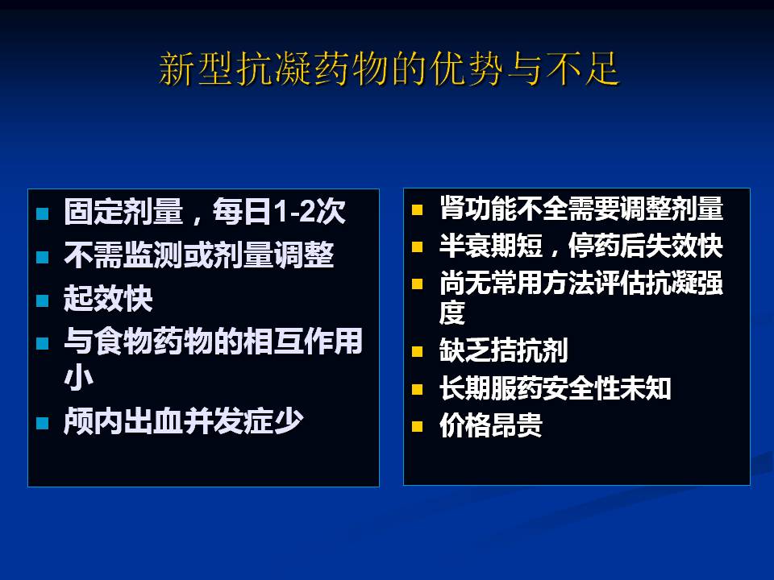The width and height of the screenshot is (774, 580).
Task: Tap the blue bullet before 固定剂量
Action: pyautogui.click(x=43, y=213)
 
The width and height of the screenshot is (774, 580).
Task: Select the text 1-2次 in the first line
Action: pyautogui.click(x=310, y=212)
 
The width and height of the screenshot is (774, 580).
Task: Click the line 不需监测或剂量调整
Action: pyautogui.click(x=199, y=255)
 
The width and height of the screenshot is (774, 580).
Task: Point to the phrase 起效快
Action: pyautogui.click(x=108, y=298)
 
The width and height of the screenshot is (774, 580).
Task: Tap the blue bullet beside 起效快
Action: pyautogui.click(x=43, y=300)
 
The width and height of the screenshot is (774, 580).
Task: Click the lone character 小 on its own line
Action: pyautogui.click(x=78, y=378)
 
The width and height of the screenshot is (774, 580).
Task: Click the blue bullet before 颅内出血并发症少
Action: pyautogui.click(x=43, y=423)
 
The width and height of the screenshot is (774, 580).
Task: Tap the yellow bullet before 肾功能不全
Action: pyautogui.click(x=418, y=210)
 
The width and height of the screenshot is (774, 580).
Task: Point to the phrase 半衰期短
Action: pyautogui.click(x=491, y=245)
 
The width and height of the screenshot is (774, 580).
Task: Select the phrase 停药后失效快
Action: pyautogui.click(x=646, y=245)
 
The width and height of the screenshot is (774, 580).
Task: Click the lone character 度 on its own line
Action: pyautogui.click(x=452, y=313)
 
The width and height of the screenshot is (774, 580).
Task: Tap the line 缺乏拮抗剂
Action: pyautogui.click(x=504, y=350)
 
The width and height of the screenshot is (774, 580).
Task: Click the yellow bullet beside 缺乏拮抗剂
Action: pyautogui.click(x=418, y=352)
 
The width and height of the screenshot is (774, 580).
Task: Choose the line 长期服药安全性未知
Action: pyautogui.click(x=556, y=387)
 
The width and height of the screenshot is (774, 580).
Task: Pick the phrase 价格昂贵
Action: pyautogui.click(x=491, y=425)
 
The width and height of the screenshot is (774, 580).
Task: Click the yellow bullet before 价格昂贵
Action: pyautogui.click(x=418, y=426)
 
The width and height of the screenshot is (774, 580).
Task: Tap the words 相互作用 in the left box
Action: pyautogui.click(x=302, y=341)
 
